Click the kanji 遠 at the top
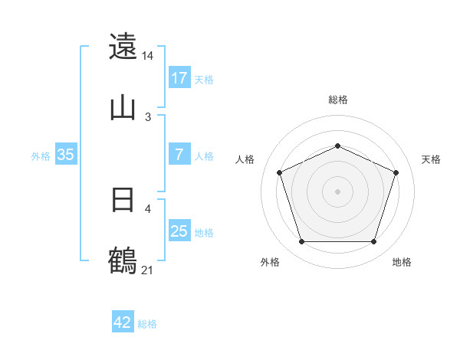[x=123, y=47]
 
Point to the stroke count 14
[x=148, y=56]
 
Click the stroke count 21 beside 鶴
[x=148, y=270]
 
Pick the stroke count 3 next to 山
[x=148, y=116]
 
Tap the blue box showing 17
[x=179, y=78]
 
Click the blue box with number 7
[x=179, y=155]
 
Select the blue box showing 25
[x=179, y=231]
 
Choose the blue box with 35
[x=66, y=155]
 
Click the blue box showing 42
[x=123, y=322]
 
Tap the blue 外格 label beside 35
[x=41, y=155]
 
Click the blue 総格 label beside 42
[x=147, y=324]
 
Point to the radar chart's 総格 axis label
[x=338, y=100]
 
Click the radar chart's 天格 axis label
[x=432, y=159]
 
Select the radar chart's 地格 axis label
[x=402, y=262]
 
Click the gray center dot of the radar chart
[x=338, y=191]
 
